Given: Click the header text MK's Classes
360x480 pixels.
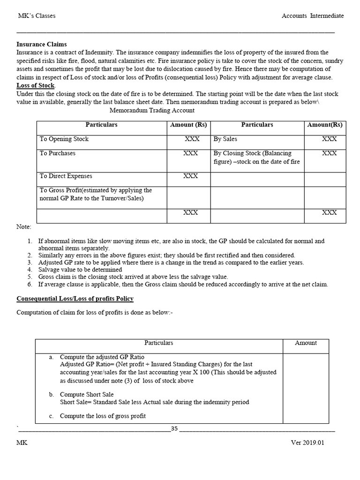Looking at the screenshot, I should tap(36, 16).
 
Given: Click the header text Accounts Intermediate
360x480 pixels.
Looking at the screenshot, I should tap(312, 16).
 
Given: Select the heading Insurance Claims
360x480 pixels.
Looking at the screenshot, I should tap(42, 45).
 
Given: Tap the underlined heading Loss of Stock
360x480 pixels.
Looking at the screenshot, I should tap(36, 85).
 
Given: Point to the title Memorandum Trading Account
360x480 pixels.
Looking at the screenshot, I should tap(152, 111).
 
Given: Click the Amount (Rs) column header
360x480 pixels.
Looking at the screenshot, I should tap(188, 125).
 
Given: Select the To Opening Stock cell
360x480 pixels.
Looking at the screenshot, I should tap(64, 139).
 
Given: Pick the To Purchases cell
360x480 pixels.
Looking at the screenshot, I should tap(57, 153).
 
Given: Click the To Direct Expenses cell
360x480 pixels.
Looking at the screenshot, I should tap(66, 176).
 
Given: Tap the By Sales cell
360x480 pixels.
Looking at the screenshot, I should tap(225, 139).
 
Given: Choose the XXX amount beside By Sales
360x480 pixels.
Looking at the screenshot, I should tap(329, 139).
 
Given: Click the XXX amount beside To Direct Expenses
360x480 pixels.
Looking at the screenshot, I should tap(190, 176).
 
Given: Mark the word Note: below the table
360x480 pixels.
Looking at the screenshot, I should tap(24, 227).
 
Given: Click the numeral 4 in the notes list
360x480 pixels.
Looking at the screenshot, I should tap(29, 270).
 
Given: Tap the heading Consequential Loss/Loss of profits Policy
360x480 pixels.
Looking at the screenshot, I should tap(75, 299).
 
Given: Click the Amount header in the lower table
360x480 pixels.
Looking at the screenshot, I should tap(306, 343).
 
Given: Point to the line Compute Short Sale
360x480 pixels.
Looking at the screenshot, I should tap(87, 395).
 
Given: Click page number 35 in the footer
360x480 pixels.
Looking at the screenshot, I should tap(174, 428).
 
